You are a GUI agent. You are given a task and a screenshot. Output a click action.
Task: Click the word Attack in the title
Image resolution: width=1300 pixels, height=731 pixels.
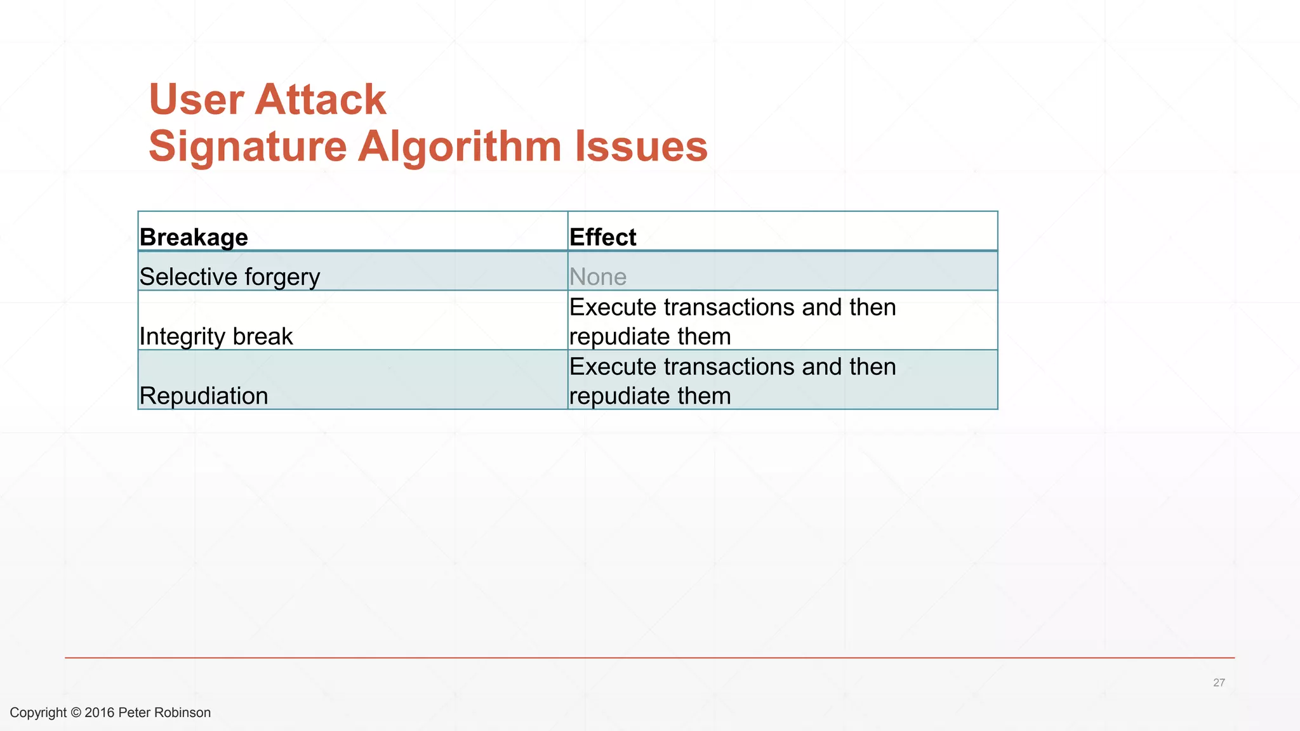[x=321, y=100]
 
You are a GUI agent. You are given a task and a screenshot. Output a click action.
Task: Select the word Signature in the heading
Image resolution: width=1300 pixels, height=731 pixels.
[x=248, y=147]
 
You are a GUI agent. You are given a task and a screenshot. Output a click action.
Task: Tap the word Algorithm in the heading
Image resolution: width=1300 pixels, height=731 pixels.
[x=460, y=147]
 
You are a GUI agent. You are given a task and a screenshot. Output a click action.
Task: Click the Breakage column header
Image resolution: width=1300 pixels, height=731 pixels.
[x=194, y=237]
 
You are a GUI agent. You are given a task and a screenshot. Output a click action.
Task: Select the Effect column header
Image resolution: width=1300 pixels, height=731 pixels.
[x=602, y=237]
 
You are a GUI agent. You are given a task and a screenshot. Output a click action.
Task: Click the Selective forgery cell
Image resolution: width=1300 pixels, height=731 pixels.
[x=229, y=277]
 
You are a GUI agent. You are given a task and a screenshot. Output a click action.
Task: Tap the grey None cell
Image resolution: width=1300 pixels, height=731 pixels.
[x=597, y=277]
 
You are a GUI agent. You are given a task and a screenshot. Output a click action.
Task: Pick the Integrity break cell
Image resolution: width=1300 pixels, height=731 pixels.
[x=216, y=336]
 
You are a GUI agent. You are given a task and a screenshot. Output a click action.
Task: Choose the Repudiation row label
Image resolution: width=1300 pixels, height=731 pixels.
[x=203, y=396]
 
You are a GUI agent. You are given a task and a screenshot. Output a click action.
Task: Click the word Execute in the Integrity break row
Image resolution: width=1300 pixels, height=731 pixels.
[x=613, y=307]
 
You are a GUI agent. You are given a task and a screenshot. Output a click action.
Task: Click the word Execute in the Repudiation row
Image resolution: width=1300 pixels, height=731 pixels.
[x=613, y=367]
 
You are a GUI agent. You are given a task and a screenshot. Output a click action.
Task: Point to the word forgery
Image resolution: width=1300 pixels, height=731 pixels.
[x=282, y=278]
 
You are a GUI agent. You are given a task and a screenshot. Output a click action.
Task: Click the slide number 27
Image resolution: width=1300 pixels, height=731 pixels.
[x=1219, y=683]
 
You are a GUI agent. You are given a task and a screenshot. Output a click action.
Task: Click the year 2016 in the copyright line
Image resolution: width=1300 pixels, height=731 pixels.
[x=99, y=713]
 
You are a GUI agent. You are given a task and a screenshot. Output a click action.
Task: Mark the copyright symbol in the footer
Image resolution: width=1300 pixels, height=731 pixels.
[x=76, y=713]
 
